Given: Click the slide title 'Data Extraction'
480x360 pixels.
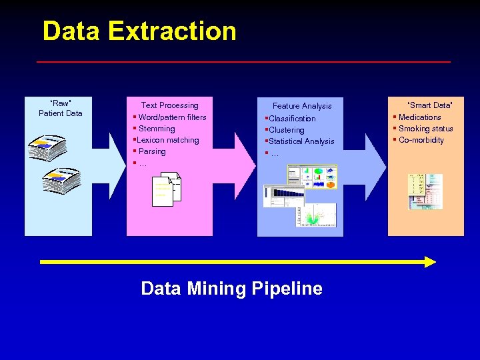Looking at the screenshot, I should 139,31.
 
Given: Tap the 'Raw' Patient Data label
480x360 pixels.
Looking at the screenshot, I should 60,108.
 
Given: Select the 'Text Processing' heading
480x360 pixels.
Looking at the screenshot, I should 169,105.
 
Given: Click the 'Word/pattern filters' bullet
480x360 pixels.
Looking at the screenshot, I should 172,117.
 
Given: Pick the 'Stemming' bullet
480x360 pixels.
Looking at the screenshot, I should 157,129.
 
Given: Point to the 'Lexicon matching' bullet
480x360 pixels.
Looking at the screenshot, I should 167,140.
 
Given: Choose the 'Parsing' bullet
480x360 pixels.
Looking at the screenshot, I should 152,151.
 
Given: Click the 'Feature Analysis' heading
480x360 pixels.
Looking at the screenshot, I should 301,106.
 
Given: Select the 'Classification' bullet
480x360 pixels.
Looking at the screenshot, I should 292,119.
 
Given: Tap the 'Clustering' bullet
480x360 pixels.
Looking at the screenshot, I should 286,130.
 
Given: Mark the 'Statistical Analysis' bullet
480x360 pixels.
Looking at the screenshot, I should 301,141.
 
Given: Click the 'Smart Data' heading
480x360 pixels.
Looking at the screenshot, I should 430,105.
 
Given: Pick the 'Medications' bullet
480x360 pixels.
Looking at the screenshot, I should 419,117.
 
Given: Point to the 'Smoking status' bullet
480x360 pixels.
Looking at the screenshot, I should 425,129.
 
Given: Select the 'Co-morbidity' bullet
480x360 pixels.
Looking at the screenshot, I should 421,140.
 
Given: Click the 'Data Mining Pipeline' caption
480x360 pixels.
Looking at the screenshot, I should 231,289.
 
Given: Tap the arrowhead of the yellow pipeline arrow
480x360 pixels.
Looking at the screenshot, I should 430,262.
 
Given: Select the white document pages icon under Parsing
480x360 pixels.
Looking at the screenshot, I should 166,190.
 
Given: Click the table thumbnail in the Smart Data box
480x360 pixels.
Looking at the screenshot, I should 425,192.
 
